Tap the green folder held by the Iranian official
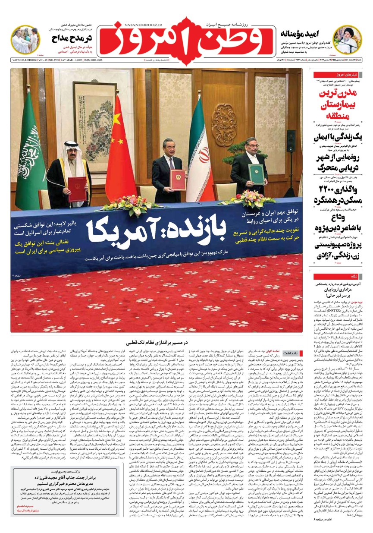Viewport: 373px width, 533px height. pyautogui.click(x=255, y=172)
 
